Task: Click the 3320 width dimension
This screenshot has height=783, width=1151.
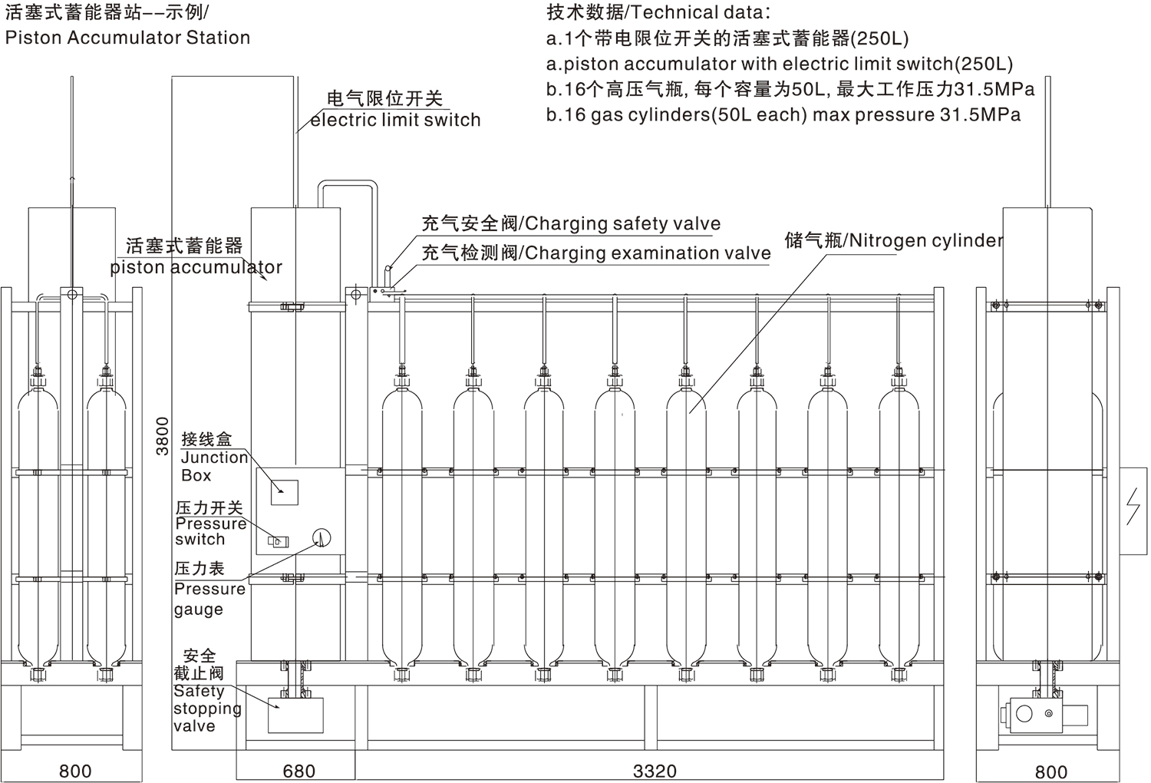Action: (655, 771)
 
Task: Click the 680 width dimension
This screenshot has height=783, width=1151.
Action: (298, 771)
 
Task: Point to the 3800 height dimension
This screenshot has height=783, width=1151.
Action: (162, 436)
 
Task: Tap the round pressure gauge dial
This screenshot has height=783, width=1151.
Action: (321, 537)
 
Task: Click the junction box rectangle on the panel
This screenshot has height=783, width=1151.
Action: (284, 491)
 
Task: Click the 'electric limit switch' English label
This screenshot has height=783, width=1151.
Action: (395, 120)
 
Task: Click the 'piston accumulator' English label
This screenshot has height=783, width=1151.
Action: (196, 267)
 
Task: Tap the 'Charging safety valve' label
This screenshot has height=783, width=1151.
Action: (622, 223)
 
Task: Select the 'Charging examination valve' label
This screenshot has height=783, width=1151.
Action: (647, 253)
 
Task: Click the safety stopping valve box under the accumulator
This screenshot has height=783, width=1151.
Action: (295, 715)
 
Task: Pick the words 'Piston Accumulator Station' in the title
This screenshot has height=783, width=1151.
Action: (127, 38)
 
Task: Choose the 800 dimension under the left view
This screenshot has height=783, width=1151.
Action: (74, 771)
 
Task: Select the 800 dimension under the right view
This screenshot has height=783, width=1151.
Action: (1050, 771)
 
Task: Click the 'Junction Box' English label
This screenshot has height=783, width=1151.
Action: (214, 466)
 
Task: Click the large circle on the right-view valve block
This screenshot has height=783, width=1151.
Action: (1024, 714)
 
